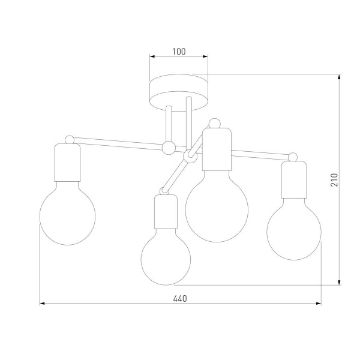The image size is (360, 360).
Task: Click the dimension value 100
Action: point(178,52)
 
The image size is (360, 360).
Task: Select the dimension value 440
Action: point(180,298)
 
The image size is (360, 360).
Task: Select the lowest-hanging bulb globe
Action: point(166,259)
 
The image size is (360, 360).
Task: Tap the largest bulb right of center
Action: point(216,206)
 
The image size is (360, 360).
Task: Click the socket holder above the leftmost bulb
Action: point(69,163)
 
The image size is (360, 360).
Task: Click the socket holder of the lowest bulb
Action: point(165,212)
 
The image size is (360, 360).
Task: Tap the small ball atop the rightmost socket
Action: point(293,157)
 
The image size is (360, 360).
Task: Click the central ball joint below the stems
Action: point(169,148)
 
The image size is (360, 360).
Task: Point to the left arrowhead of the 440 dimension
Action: point(43,304)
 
